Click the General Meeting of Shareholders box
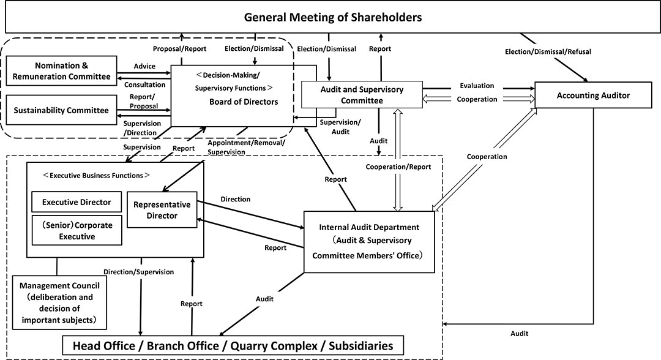[332, 17]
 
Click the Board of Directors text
[244, 102]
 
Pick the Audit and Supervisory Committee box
[362, 95]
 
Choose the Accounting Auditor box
[593, 95]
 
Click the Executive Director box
[77, 201]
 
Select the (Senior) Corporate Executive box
[77, 231]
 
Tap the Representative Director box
[162, 210]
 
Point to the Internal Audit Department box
[369, 241]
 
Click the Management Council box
[59, 302]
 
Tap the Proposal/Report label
[179, 48]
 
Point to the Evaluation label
[477, 86]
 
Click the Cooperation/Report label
[398, 167]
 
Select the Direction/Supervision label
[138, 271]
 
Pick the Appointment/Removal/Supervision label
[245, 148]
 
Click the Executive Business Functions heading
[96, 174]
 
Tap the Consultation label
[145, 85]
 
